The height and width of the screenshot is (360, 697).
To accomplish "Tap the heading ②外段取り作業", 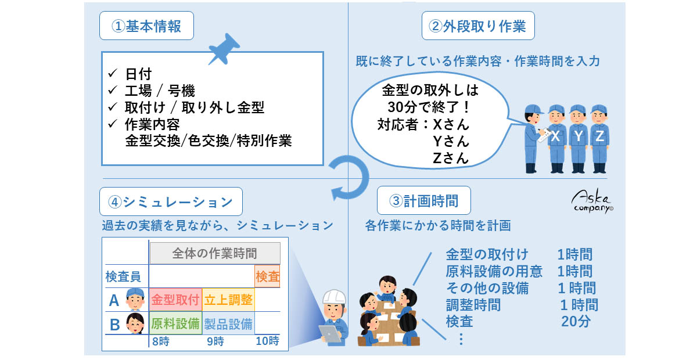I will pyautogui.click(x=478, y=27).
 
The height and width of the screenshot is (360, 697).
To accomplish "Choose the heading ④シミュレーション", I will pyautogui.click(x=171, y=202).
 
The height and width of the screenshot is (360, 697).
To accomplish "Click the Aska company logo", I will pyautogui.click(x=591, y=201).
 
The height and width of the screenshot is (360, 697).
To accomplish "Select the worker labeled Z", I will pyautogui.click(x=599, y=137).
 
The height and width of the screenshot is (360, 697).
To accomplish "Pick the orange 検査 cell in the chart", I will pyautogui.click(x=267, y=276).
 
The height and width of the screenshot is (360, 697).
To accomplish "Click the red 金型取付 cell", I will pyautogui.click(x=175, y=300).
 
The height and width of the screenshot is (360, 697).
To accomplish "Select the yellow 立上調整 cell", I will pyautogui.click(x=228, y=300).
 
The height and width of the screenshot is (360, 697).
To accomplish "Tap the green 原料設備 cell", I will pyautogui.click(x=175, y=323).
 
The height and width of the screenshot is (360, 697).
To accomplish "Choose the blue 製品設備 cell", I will pyautogui.click(x=228, y=323).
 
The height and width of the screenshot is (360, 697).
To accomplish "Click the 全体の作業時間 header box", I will pyautogui.click(x=215, y=253).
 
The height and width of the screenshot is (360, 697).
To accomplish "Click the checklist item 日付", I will pyautogui.click(x=138, y=74).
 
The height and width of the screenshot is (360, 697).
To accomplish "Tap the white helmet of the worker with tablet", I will pyautogui.click(x=333, y=296).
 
